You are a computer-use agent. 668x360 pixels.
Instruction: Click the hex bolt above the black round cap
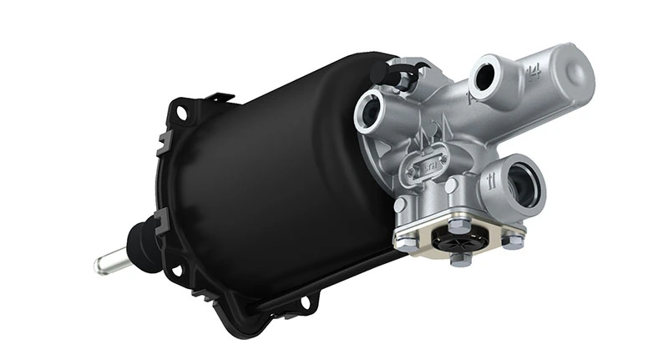point(457,225)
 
